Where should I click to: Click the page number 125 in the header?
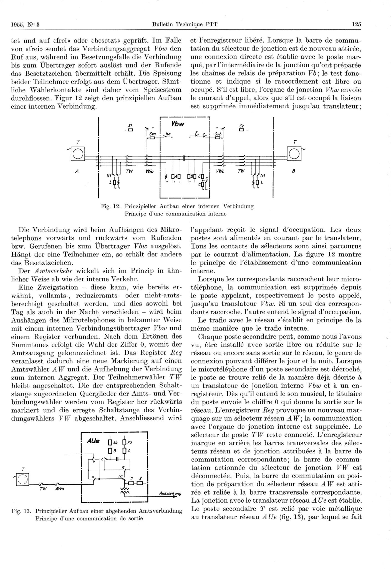[356, 24]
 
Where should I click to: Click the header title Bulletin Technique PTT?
[185, 24]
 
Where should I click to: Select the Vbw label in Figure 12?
[177, 124]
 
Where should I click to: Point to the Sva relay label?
[152, 134]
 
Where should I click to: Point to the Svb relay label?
[218, 134]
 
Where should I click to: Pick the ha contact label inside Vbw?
[168, 134]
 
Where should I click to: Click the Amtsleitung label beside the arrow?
[170, 494]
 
